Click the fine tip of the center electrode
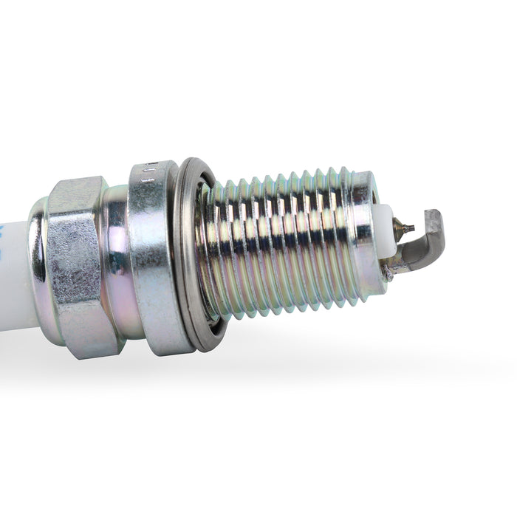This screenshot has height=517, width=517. (x=411, y=228)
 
